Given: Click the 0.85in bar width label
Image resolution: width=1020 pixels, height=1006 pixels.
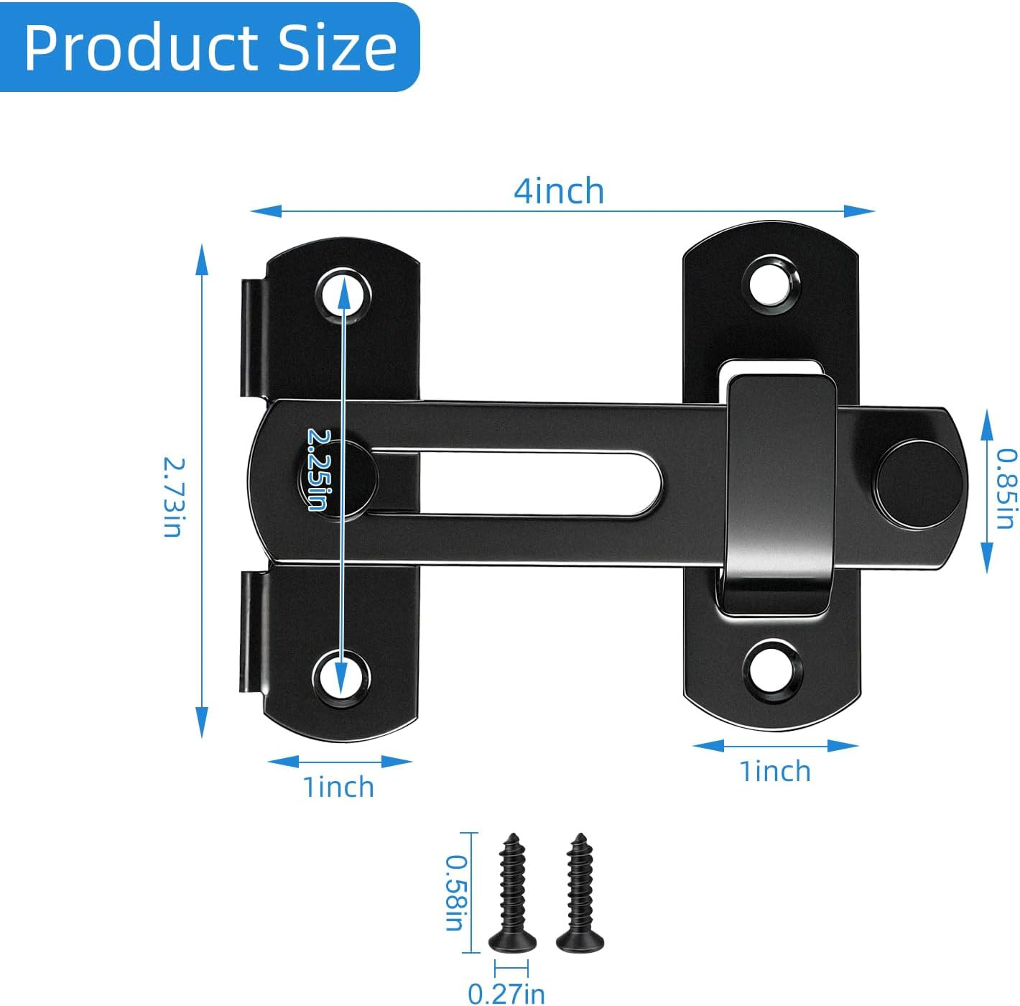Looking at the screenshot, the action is pos(1006,489).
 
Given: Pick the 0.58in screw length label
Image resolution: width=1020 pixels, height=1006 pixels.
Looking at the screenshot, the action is pos(454,892).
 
